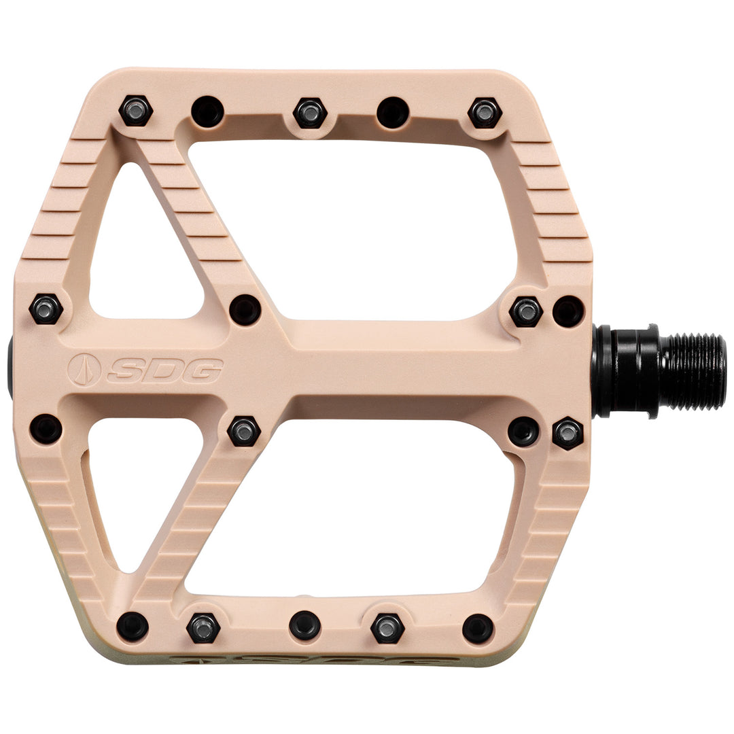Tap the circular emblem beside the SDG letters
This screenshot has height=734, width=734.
pos(84,370)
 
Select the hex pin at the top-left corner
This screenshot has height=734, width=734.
pos(136,111)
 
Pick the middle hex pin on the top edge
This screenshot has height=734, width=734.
pos(309,113)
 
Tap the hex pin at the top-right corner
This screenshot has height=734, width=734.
pos(485,113)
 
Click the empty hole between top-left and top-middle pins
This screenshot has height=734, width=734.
pos(208,112)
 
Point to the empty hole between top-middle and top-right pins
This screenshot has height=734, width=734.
pos(394,112)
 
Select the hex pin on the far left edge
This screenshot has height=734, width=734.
pos(46,309)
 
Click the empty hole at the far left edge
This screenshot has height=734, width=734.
pos(46,429)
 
